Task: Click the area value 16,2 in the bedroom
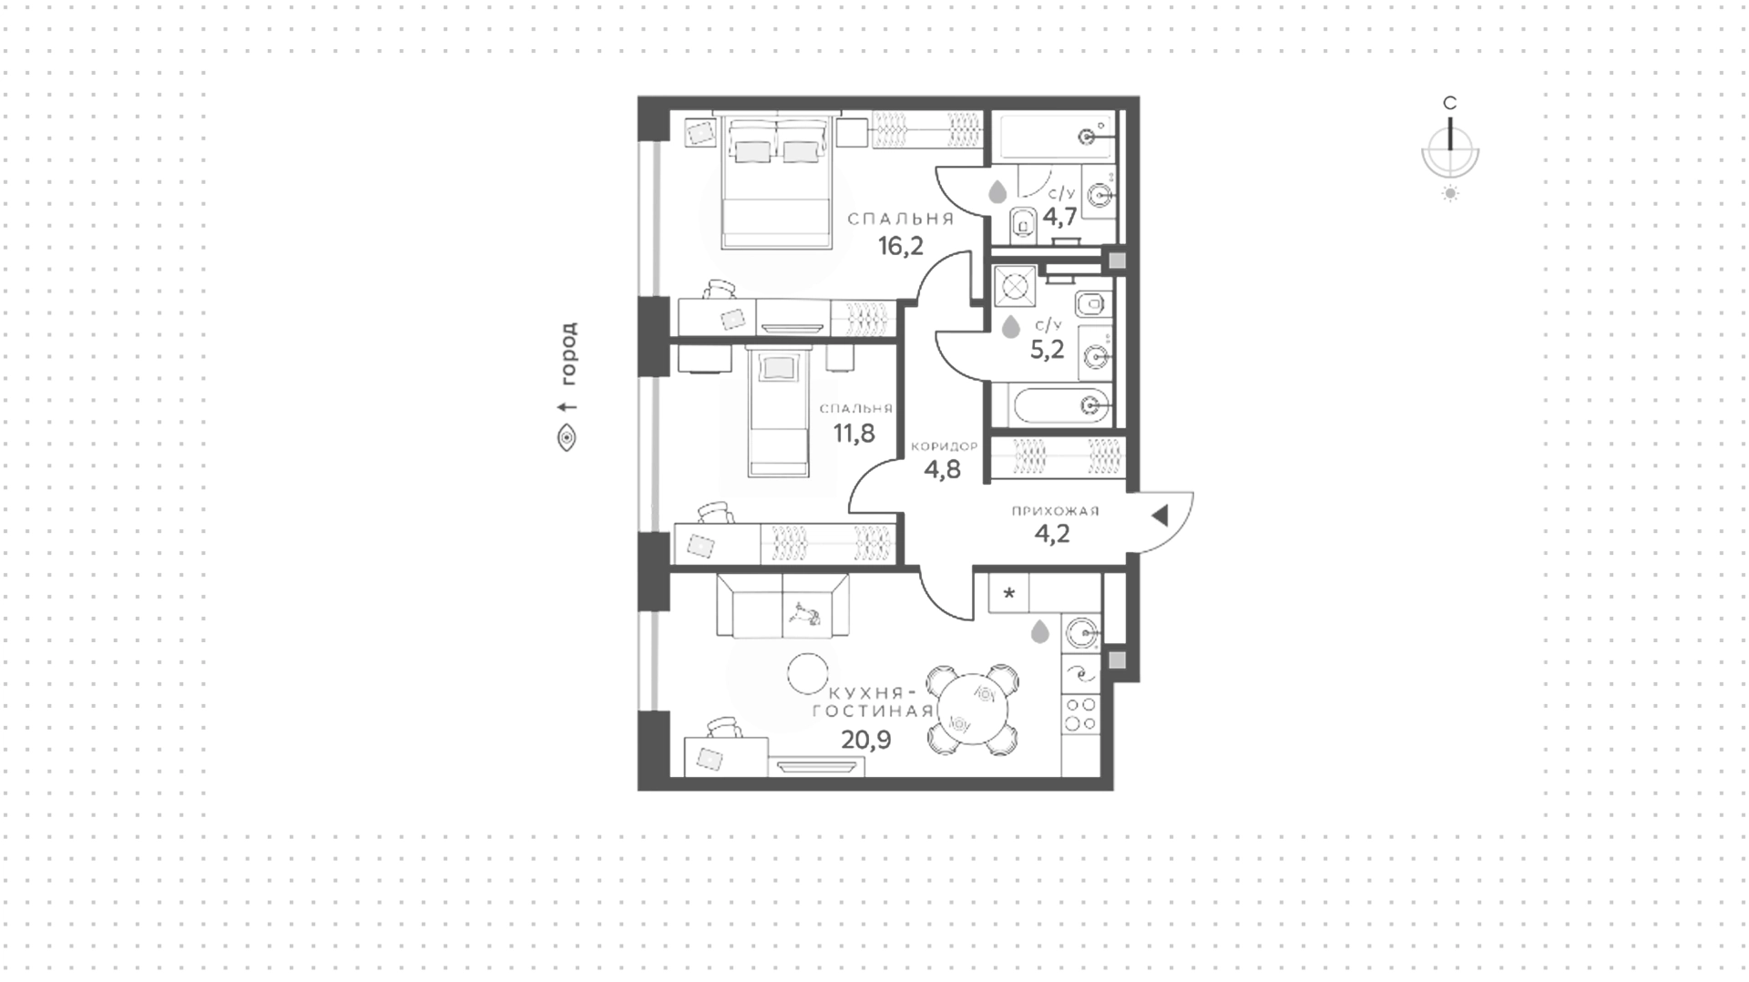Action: click(x=900, y=246)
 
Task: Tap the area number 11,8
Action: click(x=854, y=433)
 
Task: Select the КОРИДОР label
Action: click(x=944, y=446)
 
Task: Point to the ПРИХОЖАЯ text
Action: click(x=1055, y=511)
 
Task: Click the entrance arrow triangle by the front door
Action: click(x=1160, y=517)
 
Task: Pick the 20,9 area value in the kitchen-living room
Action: click(x=865, y=739)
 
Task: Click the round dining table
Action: click(x=974, y=710)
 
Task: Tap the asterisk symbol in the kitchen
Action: click(x=1008, y=594)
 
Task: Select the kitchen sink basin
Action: click(x=1082, y=630)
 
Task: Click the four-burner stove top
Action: click(x=1081, y=714)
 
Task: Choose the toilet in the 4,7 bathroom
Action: click(x=1022, y=221)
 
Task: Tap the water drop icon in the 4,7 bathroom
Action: click(x=997, y=192)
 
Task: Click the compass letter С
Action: click(x=1450, y=103)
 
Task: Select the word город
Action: click(x=568, y=354)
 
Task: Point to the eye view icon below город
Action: click(x=567, y=438)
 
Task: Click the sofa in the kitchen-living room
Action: click(x=782, y=605)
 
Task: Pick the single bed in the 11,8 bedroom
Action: click(x=778, y=412)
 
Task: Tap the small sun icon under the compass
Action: click(x=1450, y=193)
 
